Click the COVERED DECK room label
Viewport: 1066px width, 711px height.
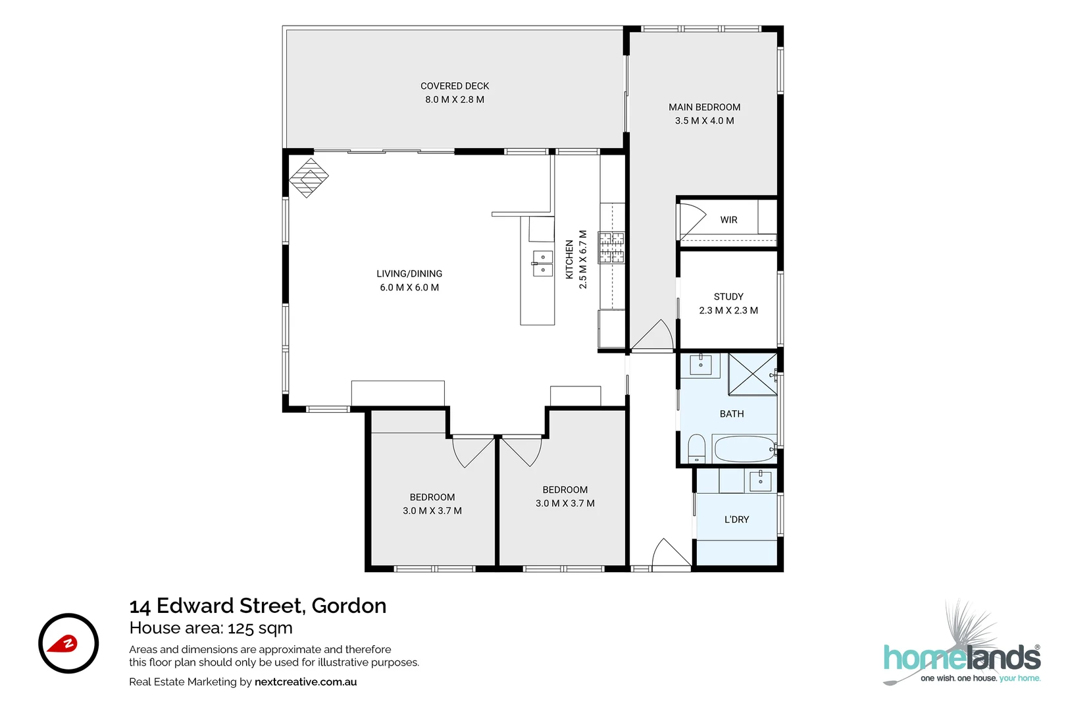[455, 93]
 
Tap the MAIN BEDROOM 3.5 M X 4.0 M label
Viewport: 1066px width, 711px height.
[704, 114]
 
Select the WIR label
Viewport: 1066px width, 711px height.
[728, 220]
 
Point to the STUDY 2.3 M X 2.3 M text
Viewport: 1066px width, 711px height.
[728, 303]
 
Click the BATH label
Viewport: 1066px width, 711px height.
[732, 414]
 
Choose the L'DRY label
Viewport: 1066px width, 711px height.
[736, 519]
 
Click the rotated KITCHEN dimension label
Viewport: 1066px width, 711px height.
[576, 259]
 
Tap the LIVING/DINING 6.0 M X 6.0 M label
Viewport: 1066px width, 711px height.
[409, 280]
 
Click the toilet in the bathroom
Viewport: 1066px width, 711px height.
[696, 449]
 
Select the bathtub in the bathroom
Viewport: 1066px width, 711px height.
[744, 449]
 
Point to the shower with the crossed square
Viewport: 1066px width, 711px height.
[753, 374]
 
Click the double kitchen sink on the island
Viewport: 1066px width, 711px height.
[542, 263]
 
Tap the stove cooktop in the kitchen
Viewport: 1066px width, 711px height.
[611, 248]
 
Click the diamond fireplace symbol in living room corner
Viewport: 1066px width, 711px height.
[309, 177]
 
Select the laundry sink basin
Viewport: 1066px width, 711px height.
[760, 481]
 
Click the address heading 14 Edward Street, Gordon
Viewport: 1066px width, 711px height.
[258, 606]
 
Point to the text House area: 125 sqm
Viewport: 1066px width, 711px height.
[211, 628]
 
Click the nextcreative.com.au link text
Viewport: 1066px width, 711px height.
[305, 682]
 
